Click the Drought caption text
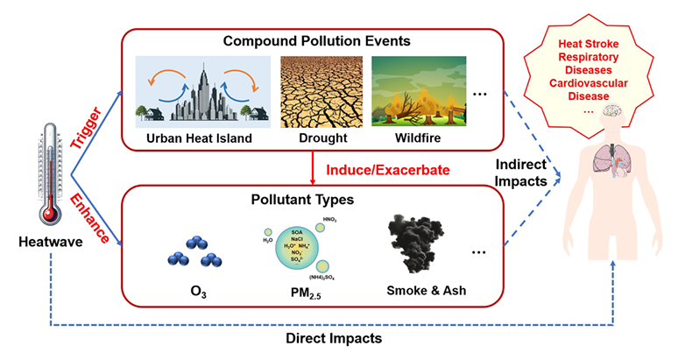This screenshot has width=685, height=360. click(316, 137)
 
